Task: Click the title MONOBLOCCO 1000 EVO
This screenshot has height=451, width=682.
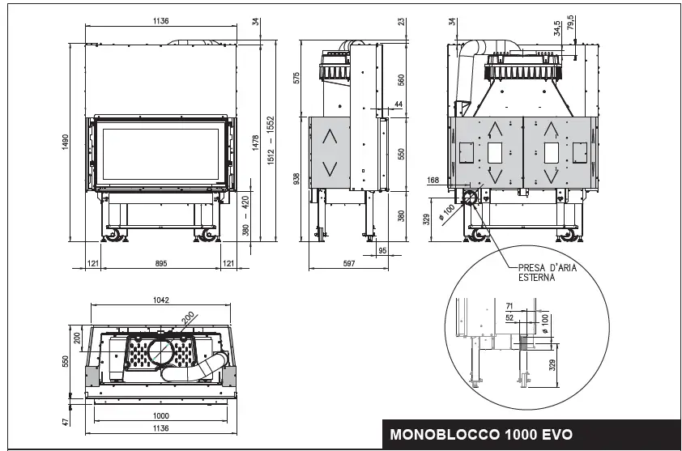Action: click(481, 434)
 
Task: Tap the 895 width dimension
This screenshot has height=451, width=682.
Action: click(160, 262)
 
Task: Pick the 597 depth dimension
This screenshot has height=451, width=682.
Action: click(350, 262)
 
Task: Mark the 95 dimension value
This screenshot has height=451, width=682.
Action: click(383, 250)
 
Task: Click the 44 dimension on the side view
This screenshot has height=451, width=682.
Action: click(398, 104)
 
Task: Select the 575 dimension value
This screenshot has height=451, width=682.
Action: click(296, 79)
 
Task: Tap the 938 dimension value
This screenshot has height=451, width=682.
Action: click(296, 177)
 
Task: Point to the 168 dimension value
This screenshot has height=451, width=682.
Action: click(431, 180)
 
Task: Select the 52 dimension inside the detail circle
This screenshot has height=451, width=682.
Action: click(509, 318)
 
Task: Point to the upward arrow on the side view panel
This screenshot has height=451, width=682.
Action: click(329, 136)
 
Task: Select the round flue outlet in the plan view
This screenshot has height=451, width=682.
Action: click(161, 351)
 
